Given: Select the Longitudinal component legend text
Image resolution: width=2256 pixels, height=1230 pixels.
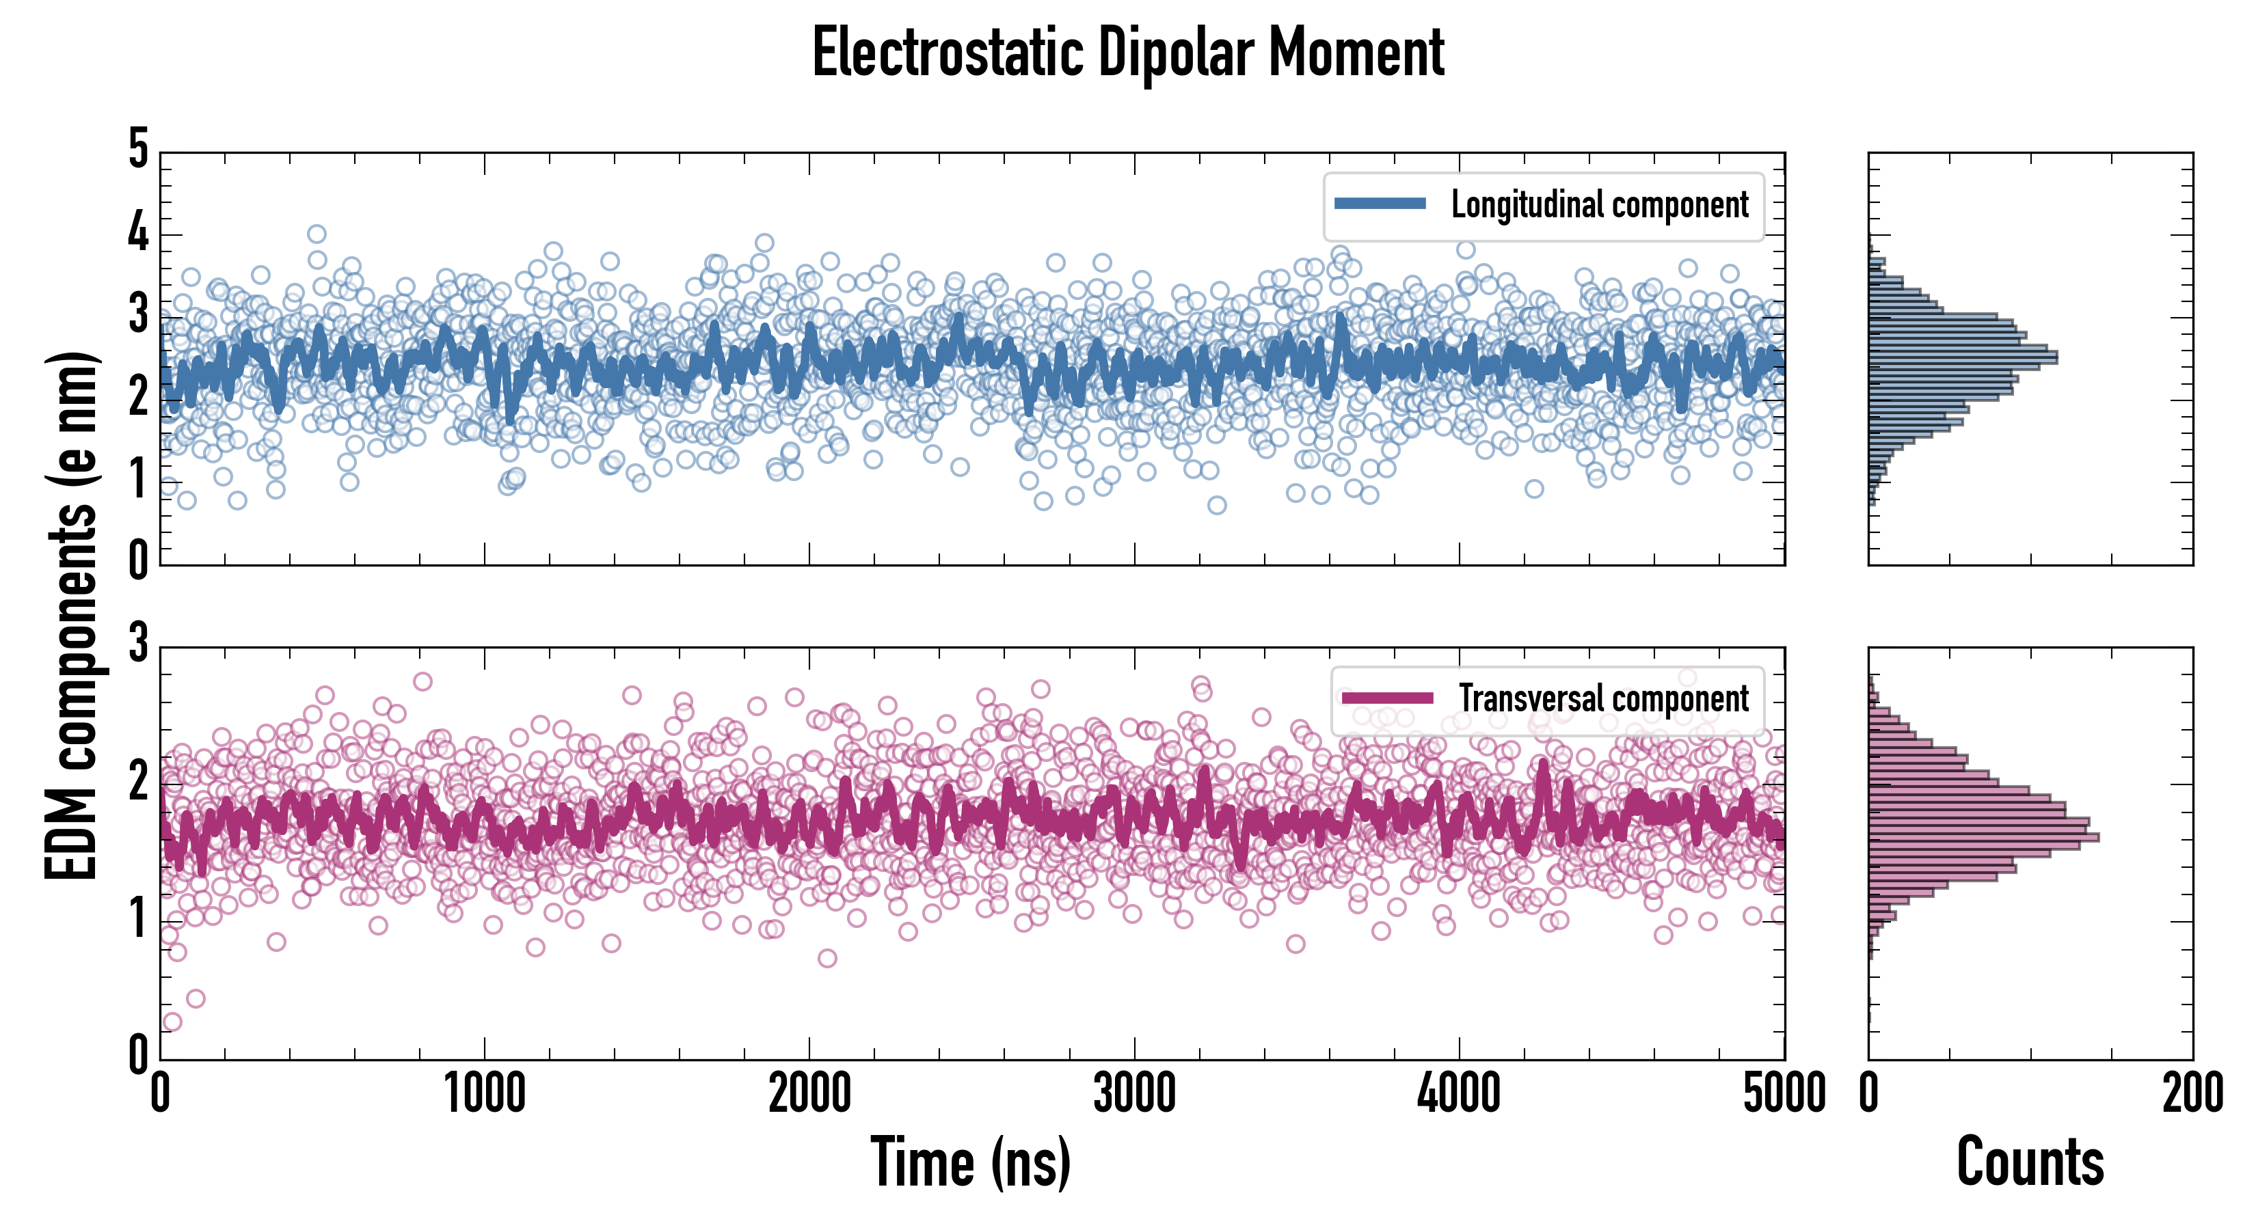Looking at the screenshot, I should (x=1599, y=205).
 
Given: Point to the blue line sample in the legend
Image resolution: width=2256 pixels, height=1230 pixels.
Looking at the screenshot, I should (x=1380, y=204).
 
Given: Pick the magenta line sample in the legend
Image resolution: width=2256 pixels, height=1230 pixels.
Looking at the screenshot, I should (x=1387, y=698).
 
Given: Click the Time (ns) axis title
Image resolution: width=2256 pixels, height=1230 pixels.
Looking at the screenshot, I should (x=970, y=1162).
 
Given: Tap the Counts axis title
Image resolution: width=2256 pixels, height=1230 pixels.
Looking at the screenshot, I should (x=2030, y=1162).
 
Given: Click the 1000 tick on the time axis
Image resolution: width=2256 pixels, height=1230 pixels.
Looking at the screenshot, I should (x=484, y=1093).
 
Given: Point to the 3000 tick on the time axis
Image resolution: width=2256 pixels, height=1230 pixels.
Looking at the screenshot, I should (x=1134, y=1093).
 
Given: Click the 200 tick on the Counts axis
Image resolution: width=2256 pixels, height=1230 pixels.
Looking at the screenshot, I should (x=2192, y=1093).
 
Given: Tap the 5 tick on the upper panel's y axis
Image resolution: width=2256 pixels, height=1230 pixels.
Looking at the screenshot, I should (x=138, y=150).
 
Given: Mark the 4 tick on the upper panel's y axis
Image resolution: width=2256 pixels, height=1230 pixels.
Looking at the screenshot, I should (x=138, y=233).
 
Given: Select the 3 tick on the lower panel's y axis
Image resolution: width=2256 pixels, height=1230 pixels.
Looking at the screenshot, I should (x=138, y=644).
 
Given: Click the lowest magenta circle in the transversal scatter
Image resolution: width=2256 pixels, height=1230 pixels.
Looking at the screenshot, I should (x=172, y=1022).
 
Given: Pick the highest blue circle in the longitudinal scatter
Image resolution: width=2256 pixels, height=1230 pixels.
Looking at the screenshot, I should (x=317, y=234).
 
